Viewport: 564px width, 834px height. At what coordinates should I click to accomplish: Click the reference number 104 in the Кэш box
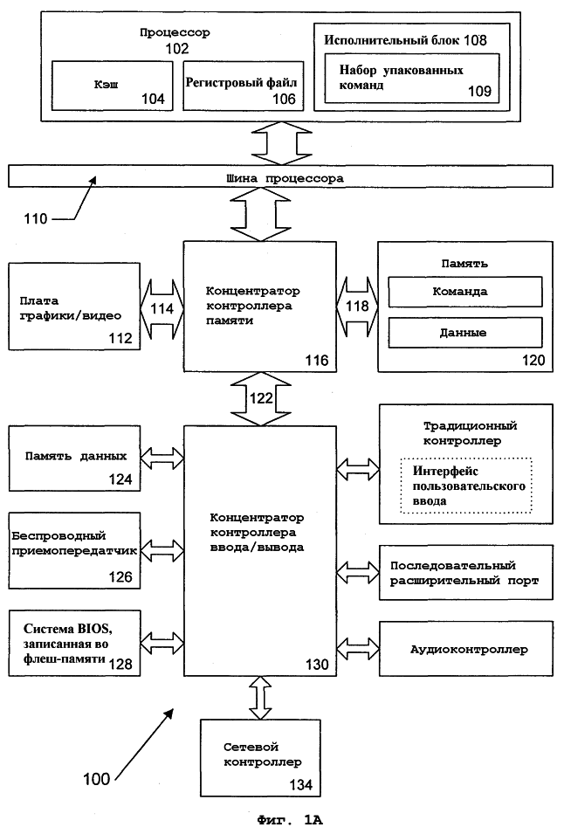pyautogui.click(x=153, y=99)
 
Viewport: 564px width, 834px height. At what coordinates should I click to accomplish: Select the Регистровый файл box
pyautogui.click(x=244, y=86)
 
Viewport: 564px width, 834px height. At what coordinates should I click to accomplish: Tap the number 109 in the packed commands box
pyautogui.click(x=479, y=91)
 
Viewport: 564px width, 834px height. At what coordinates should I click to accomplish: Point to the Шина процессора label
pyautogui.click(x=285, y=178)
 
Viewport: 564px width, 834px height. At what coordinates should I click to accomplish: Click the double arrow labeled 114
pyautogui.click(x=162, y=308)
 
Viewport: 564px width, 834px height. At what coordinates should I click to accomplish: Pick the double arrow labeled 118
pyautogui.click(x=357, y=307)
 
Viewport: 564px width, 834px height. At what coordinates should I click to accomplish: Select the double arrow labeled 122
pyautogui.click(x=261, y=398)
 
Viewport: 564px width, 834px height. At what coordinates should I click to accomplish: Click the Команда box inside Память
pyautogui.click(x=465, y=292)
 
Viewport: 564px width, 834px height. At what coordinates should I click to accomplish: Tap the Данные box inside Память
pyautogui.click(x=465, y=333)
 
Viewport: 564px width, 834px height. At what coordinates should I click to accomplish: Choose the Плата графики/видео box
pyautogui.click(x=74, y=306)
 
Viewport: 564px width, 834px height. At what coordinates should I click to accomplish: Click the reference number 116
pyautogui.click(x=317, y=361)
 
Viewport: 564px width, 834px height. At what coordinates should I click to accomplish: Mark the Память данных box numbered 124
pyautogui.click(x=74, y=458)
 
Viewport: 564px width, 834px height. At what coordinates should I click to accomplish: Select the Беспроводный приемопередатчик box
pyautogui.click(x=74, y=550)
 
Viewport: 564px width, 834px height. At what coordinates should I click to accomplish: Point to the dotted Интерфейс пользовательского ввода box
pyautogui.click(x=465, y=486)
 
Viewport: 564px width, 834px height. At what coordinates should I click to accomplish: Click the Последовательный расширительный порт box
pyautogui.click(x=465, y=573)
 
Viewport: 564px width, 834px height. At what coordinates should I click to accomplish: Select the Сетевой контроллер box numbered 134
pyautogui.click(x=260, y=758)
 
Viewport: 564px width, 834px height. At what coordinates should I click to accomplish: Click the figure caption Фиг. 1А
pyautogui.click(x=290, y=820)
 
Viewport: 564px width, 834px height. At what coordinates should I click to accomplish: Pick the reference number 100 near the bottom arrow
pyautogui.click(x=97, y=779)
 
